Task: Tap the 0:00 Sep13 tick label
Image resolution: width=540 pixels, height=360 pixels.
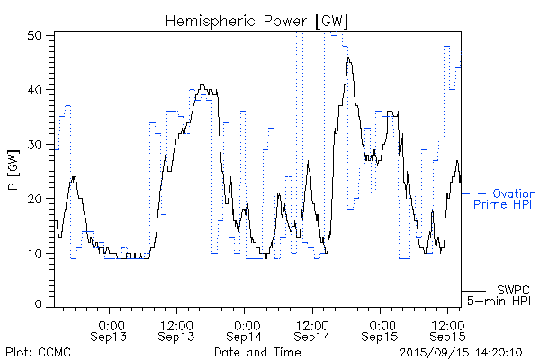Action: (110, 329)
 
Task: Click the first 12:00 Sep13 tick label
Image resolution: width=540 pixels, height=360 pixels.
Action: (177, 329)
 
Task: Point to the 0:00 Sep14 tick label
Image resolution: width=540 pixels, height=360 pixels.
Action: (245, 329)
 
